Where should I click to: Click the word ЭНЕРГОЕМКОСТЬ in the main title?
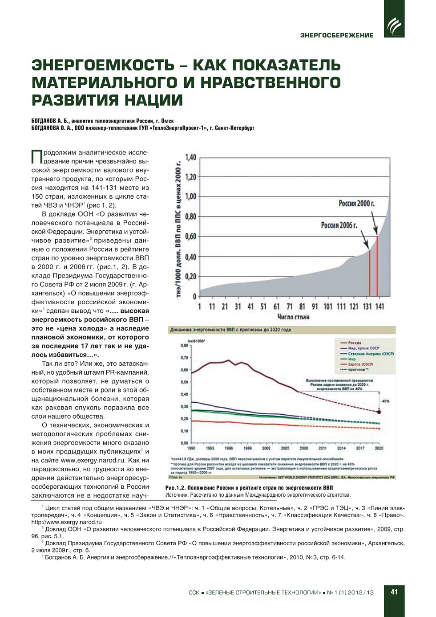103,65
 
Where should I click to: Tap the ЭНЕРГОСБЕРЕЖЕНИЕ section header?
337,35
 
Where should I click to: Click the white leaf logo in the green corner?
394,26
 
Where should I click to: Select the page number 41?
394,592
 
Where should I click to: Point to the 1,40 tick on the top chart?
190,157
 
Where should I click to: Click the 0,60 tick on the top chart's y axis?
190,237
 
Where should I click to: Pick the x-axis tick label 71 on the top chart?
290,306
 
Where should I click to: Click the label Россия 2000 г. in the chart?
356,204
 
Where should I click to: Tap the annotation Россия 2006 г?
339,225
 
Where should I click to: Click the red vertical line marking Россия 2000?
377,267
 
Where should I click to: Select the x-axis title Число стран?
293,317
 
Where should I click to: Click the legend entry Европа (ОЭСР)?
360,364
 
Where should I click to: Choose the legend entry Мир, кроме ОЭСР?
363,348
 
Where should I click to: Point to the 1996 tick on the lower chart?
229,448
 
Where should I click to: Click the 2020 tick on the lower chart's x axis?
379,448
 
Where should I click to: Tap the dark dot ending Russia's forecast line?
379,412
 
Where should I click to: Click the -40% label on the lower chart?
385,401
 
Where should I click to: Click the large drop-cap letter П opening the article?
37,157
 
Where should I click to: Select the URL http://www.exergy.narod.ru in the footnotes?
66,522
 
